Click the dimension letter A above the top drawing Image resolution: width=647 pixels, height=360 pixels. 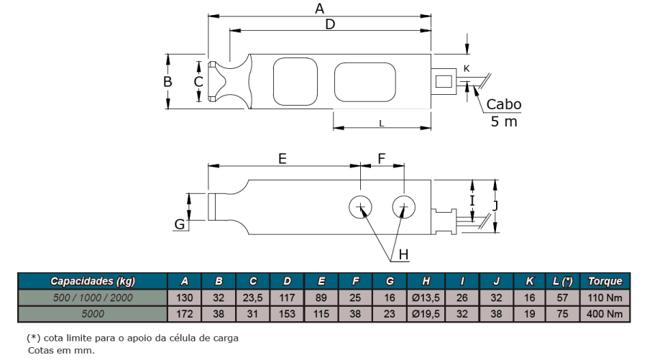[x=319, y=8]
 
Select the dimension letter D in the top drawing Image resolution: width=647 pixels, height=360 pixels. [x=330, y=24]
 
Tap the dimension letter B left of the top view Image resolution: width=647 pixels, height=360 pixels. [x=168, y=82]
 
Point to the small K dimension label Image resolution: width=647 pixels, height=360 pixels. [x=467, y=68]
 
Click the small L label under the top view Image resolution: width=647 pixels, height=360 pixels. [x=382, y=124]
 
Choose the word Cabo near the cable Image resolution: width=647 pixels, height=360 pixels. [x=504, y=104]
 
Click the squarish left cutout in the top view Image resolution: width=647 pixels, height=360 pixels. [x=295, y=81]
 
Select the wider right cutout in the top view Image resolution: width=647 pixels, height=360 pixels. [x=364, y=82]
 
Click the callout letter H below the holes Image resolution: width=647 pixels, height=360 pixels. [x=403, y=254]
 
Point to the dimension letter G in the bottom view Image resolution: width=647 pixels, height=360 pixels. [x=180, y=224]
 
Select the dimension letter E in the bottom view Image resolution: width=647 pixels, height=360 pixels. [x=283, y=159]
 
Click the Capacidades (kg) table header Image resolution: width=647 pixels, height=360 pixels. [x=93, y=281]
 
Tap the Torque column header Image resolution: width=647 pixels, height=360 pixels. [x=605, y=281]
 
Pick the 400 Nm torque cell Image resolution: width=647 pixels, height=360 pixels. [x=605, y=314]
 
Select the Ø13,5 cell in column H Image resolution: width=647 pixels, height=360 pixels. [x=426, y=297]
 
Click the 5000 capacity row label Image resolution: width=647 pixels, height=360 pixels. [x=93, y=314]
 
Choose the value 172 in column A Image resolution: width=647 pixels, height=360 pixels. [x=185, y=314]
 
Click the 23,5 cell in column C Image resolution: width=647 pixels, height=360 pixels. [x=252, y=297]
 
